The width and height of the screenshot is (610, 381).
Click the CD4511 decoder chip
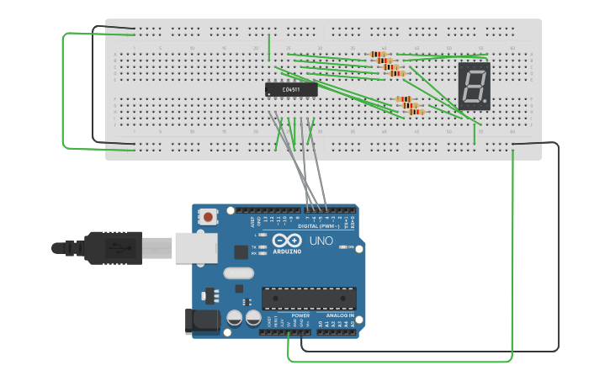[291, 88]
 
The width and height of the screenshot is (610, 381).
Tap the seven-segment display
[474, 85]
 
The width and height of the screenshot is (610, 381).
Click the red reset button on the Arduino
[208, 217]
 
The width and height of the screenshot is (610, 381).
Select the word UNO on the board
[321, 241]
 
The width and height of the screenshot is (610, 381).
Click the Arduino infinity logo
[286, 241]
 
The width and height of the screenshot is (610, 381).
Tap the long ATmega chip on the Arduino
[308, 298]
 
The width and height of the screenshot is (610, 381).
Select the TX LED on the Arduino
[263, 246]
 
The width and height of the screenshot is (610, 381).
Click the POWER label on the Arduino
[300, 315]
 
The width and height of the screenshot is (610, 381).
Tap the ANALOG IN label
[340, 315]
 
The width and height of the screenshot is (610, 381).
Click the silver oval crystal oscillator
[238, 273]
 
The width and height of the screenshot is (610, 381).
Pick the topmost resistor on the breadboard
[379, 55]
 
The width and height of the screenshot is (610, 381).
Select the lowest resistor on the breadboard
[416, 111]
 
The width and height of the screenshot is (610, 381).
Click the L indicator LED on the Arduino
[263, 235]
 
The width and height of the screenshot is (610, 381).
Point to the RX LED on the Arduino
[263, 252]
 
